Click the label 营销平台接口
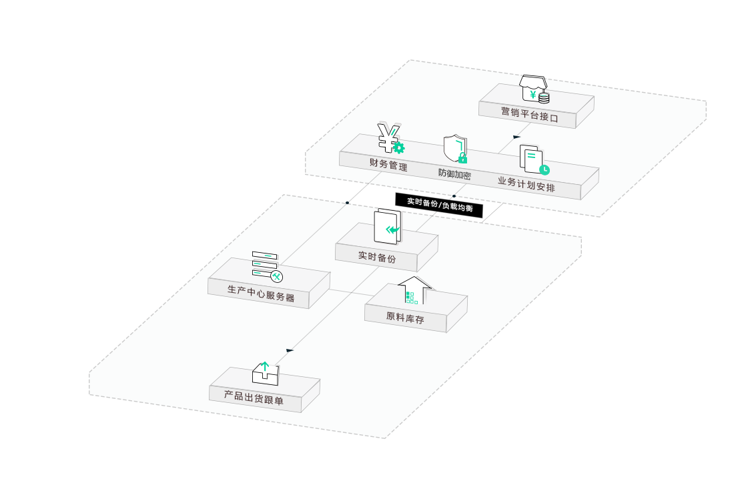click(530, 115)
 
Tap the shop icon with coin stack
click(534, 89)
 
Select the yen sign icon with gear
click(390, 138)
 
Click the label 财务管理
click(388, 165)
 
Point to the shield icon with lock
click(456, 149)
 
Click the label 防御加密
click(454, 174)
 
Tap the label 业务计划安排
click(526, 184)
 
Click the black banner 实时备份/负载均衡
click(439, 205)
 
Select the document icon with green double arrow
click(388, 227)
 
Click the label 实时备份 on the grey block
click(376, 257)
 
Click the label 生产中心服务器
click(261, 294)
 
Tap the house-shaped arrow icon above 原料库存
click(414, 290)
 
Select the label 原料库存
click(405, 317)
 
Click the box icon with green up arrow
click(265, 374)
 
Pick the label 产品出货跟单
click(254, 398)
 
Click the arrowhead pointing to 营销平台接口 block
click(516, 137)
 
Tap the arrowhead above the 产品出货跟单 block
click(290, 351)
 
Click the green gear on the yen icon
click(399, 147)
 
